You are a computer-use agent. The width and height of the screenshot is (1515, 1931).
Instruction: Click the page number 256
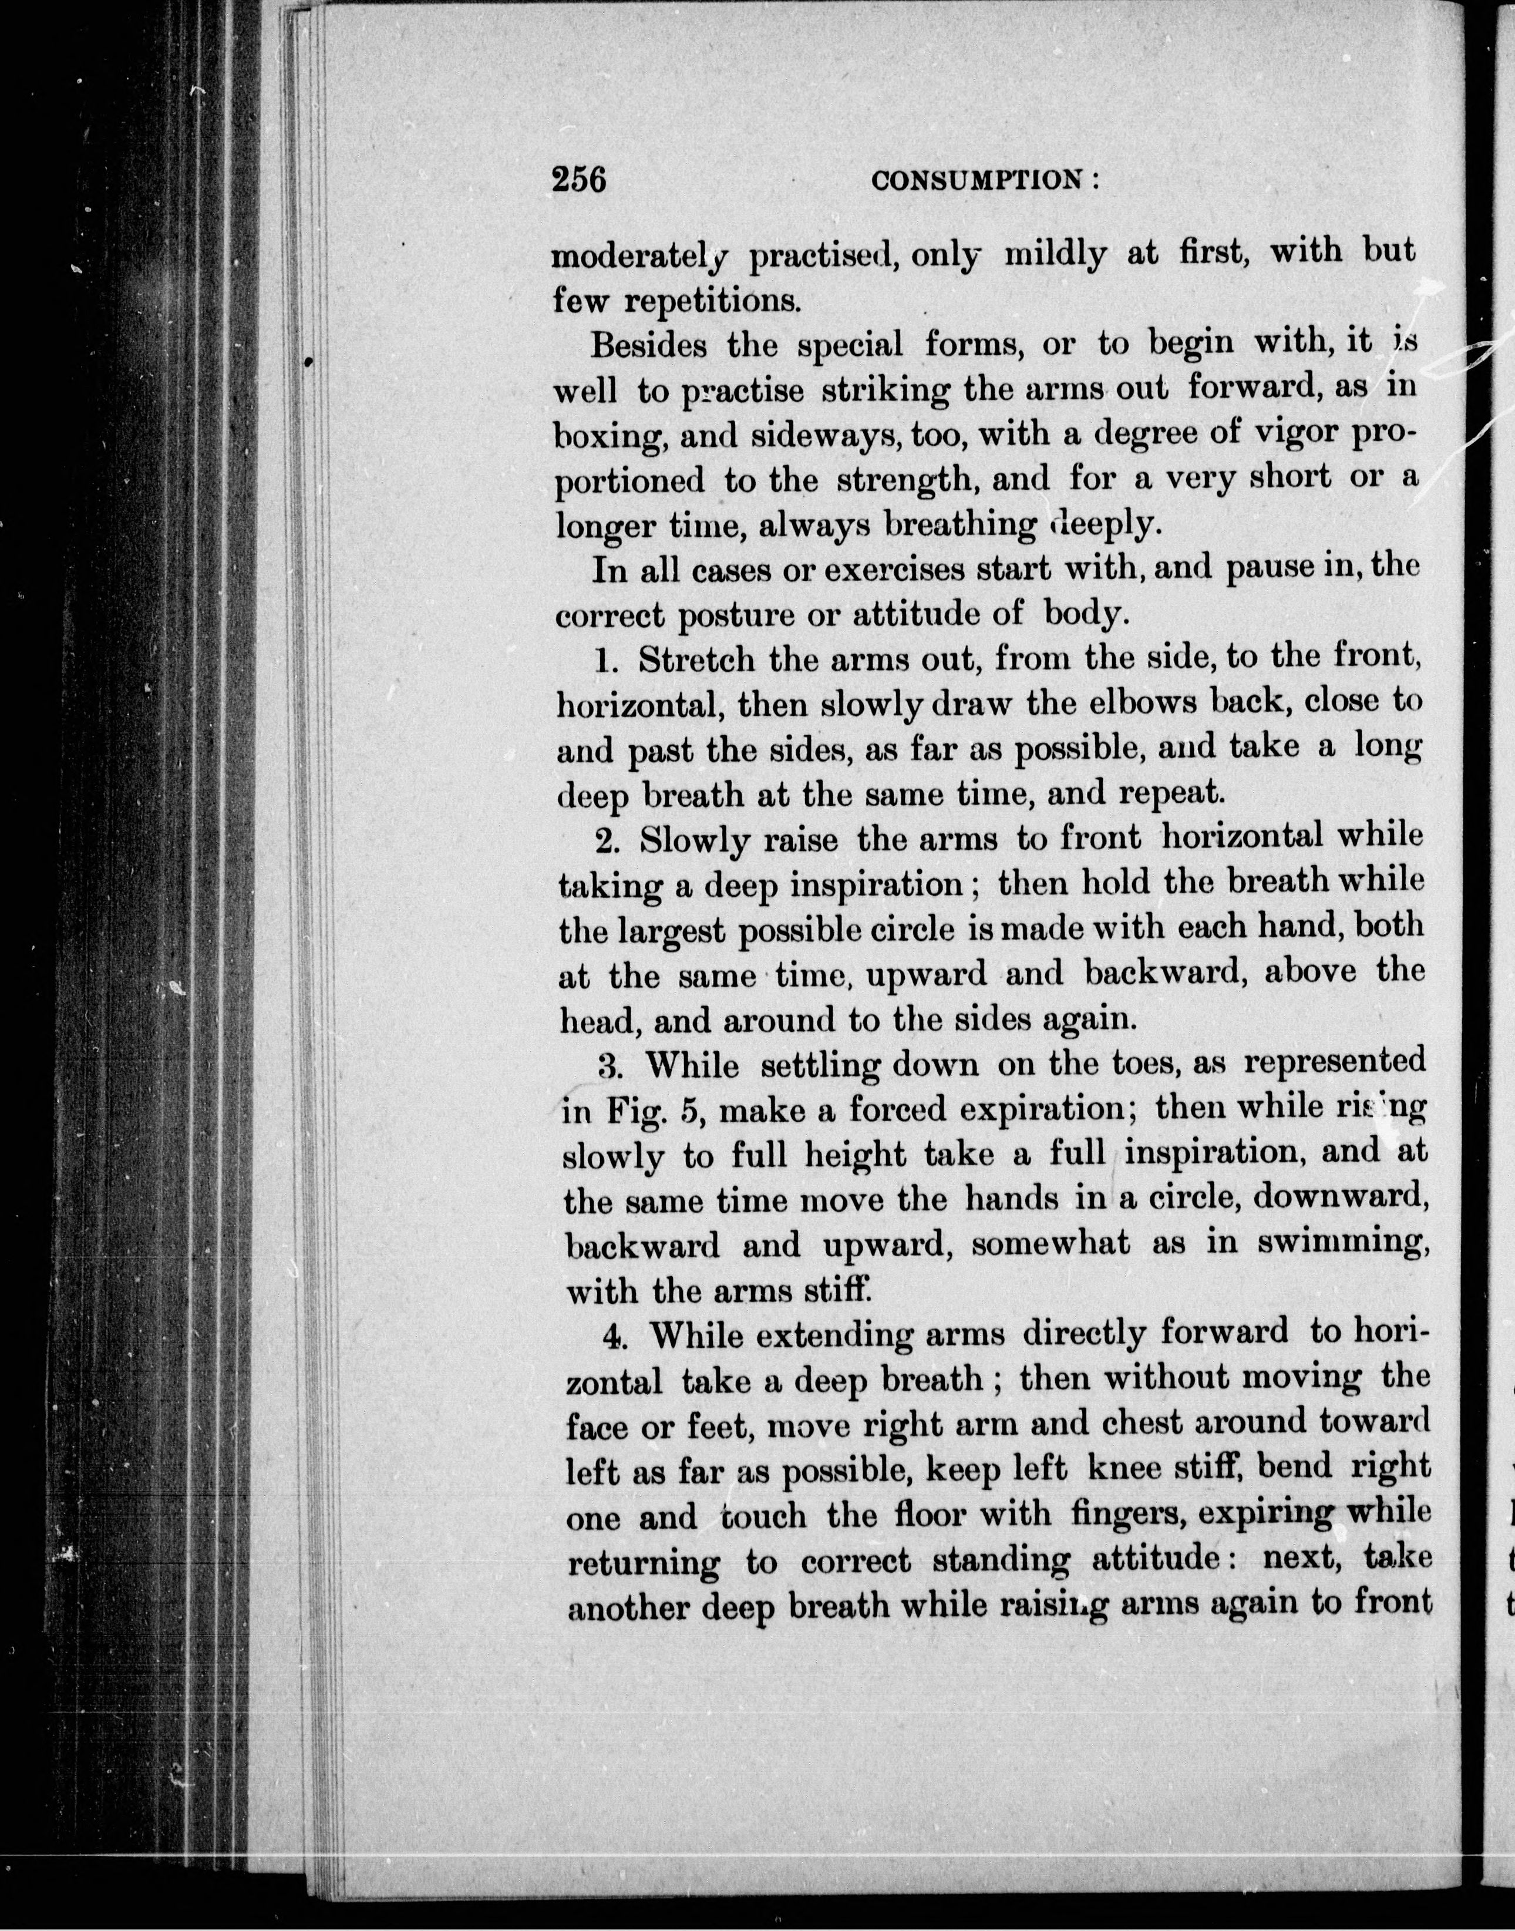coord(578,180)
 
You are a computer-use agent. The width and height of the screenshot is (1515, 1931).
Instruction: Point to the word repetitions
coord(712,302)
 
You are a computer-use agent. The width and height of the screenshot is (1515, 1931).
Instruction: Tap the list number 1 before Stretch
coord(606,661)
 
